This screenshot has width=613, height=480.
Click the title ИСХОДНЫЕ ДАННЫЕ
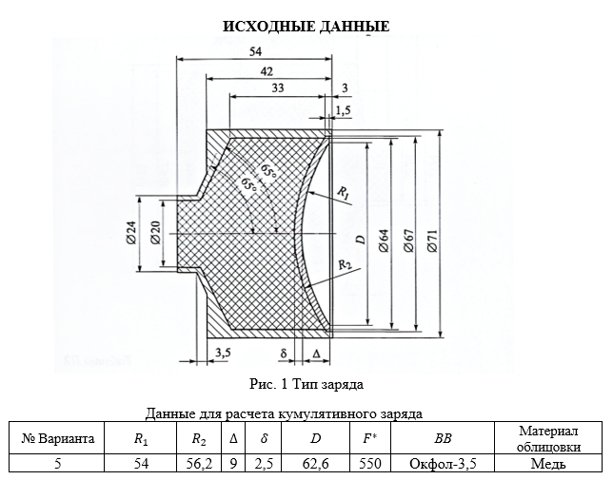[306, 27]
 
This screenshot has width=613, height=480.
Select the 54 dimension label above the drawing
[255, 51]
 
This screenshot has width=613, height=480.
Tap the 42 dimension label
[267, 71]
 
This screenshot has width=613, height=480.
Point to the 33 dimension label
[277, 87]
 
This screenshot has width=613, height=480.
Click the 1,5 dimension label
[343, 111]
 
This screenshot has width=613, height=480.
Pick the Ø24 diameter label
[131, 233]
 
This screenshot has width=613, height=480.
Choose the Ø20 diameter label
[155, 233]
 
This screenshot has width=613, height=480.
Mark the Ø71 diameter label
[433, 240]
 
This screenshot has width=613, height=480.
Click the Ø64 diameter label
[385, 240]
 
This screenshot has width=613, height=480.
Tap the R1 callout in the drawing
[343, 193]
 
